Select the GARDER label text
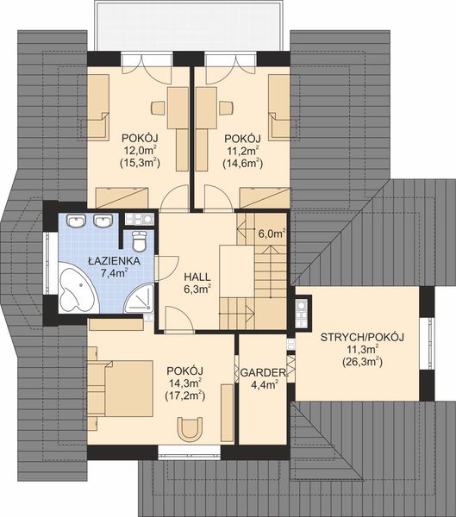click(x=263, y=372)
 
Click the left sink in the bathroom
click(x=79, y=221)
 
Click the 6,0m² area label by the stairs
click(x=272, y=233)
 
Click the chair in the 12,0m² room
click(x=158, y=109)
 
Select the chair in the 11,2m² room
click(x=226, y=109)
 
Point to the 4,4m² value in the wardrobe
click(x=263, y=385)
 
